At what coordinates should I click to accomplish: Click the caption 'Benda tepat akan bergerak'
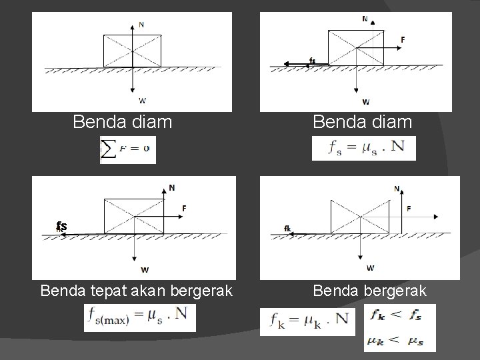136,291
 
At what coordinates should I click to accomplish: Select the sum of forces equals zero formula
128,150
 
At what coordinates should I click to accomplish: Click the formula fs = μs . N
363,148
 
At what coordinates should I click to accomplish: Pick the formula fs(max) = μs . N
140,317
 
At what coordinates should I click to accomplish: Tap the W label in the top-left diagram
142,101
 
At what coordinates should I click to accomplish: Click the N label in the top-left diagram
141,25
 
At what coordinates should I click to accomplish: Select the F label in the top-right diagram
403,40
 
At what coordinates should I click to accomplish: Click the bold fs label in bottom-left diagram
61,227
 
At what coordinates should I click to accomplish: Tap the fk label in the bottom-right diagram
287,229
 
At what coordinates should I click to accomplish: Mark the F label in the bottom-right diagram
409,209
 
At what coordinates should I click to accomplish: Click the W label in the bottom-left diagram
145,270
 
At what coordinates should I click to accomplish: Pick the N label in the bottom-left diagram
172,188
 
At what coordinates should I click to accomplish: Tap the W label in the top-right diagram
366,102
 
